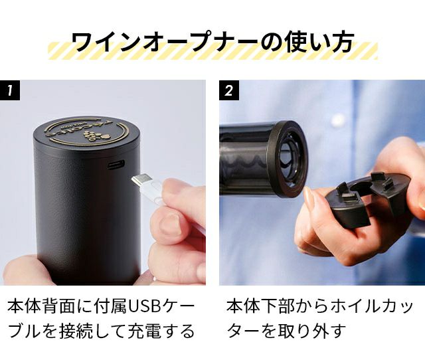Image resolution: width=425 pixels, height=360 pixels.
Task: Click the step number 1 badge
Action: click(10, 90)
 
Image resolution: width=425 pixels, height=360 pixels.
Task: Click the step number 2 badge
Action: click(229, 90)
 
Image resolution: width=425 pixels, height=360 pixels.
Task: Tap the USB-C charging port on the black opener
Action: click(116, 164)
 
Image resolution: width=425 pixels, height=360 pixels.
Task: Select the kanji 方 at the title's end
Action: click(343, 42)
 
